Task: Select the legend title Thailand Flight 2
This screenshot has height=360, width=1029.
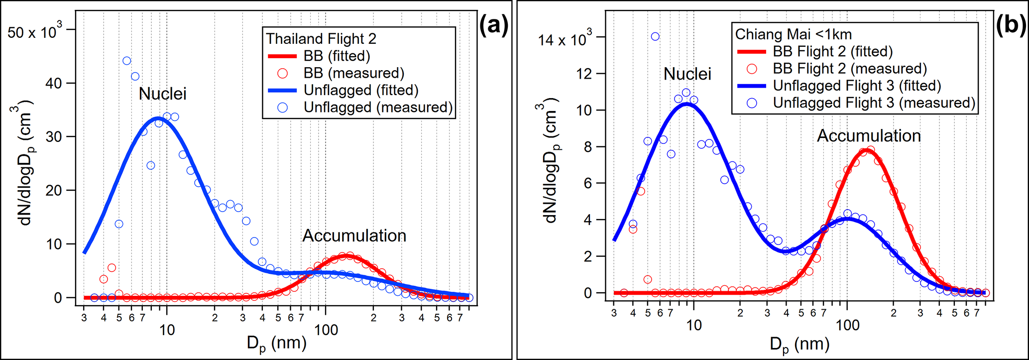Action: (321, 38)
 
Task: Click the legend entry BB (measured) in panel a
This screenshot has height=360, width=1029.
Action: (353, 73)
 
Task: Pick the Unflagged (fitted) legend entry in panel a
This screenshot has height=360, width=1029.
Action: (361, 90)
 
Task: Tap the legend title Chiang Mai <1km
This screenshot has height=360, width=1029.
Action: (794, 34)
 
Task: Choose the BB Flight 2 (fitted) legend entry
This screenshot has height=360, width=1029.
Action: (832, 51)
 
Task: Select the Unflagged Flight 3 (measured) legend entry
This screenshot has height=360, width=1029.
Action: (874, 103)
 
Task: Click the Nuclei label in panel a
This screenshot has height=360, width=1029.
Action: (162, 94)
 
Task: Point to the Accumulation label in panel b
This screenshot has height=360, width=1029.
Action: (869, 136)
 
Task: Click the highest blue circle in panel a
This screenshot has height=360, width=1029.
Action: (127, 61)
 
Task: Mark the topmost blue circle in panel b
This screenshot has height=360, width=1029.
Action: (655, 36)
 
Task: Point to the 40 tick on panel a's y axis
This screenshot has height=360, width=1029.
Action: (53, 83)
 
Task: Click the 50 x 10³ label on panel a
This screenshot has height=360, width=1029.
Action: (34, 32)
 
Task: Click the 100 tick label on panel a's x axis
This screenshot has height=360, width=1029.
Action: (326, 330)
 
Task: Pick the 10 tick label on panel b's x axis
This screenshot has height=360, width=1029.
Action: (693, 325)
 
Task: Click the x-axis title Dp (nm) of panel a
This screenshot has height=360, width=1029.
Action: (276, 344)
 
